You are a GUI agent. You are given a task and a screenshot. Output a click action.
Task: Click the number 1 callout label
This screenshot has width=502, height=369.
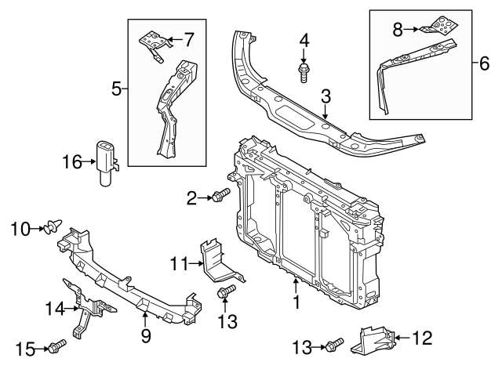point(296,301)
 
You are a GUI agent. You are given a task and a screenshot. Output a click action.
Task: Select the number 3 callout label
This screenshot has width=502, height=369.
point(326,97)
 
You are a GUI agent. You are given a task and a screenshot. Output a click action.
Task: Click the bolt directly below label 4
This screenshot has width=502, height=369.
point(304,73)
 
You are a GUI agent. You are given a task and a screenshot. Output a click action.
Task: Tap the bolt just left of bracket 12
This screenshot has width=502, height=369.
point(335,345)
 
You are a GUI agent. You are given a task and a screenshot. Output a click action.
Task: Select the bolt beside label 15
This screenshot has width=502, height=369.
point(58,346)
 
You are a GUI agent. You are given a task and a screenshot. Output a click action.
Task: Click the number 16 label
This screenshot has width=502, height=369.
point(72,162)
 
